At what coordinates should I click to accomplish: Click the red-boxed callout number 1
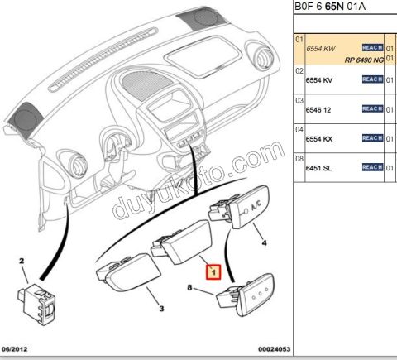(x=213, y=272)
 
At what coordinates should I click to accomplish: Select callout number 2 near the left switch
(x=22, y=261)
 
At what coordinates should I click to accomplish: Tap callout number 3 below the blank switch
(x=162, y=309)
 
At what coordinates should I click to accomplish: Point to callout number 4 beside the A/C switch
(x=264, y=242)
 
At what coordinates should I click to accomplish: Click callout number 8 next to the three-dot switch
(x=189, y=287)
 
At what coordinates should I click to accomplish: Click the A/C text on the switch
(x=256, y=206)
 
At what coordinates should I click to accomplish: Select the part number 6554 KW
(x=321, y=49)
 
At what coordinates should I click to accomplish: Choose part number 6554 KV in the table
(x=319, y=80)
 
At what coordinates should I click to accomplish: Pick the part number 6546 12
(x=318, y=110)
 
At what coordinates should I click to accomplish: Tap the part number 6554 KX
(x=319, y=139)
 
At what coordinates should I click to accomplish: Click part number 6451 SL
(x=318, y=168)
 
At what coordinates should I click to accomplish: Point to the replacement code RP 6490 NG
(x=364, y=60)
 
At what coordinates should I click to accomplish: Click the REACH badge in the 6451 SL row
(x=372, y=167)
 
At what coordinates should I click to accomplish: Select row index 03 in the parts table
(x=299, y=100)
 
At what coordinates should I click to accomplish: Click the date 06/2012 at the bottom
(x=14, y=349)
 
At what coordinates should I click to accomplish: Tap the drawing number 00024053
(x=274, y=349)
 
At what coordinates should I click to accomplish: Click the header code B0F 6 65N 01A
(x=330, y=6)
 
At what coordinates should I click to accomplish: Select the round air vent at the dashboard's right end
(x=263, y=56)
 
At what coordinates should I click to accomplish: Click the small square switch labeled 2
(x=36, y=304)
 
